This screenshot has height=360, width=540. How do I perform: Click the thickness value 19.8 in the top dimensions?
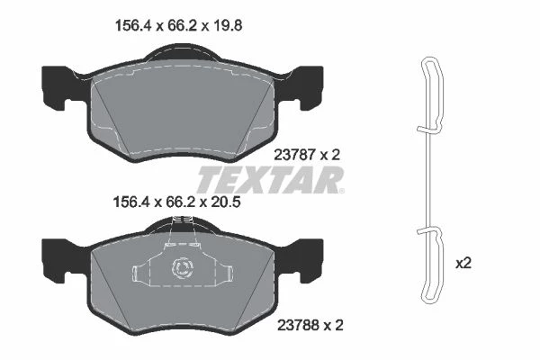[x=227, y=26]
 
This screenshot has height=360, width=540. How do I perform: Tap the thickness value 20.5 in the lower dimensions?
[x=225, y=202]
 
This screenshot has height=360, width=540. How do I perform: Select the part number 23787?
[x=295, y=155]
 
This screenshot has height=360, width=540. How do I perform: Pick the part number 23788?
[x=299, y=325]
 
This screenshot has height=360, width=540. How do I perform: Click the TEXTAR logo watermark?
[x=271, y=179]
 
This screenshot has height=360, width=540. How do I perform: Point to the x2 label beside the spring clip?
[x=463, y=264]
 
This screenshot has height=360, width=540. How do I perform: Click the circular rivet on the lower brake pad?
[x=183, y=267]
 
